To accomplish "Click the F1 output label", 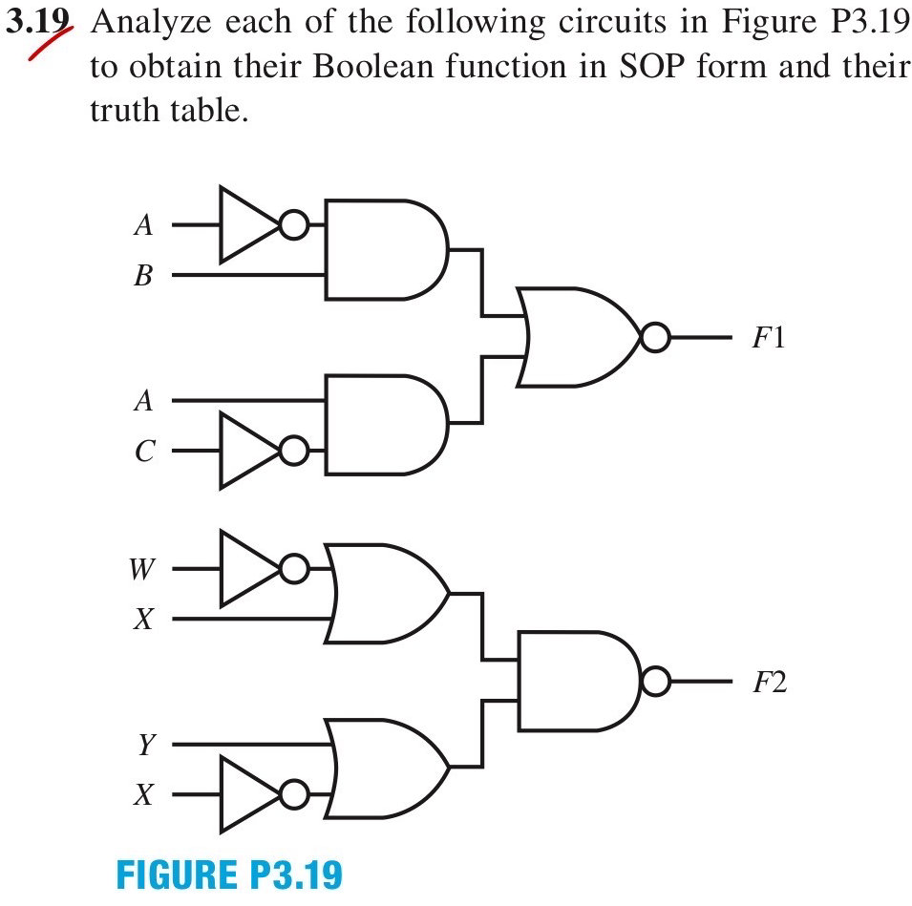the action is click(769, 337).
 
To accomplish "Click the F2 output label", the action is click(770, 682).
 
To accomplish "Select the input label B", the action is click(143, 275).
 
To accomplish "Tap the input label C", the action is click(145, 451).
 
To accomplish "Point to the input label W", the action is click(142, 569).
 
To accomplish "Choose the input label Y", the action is click(146, 744).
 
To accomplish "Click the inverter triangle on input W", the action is click(250, 569).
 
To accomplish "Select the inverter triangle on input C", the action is click(250, 451).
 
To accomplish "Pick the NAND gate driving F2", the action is click(579, 681).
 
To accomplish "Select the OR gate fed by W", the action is click(387, 594).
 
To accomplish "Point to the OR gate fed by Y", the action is click(387, 769).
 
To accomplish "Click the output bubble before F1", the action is click(655, 337).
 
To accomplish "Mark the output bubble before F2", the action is click(655, 681).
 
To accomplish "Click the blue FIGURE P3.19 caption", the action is click(230, 874).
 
